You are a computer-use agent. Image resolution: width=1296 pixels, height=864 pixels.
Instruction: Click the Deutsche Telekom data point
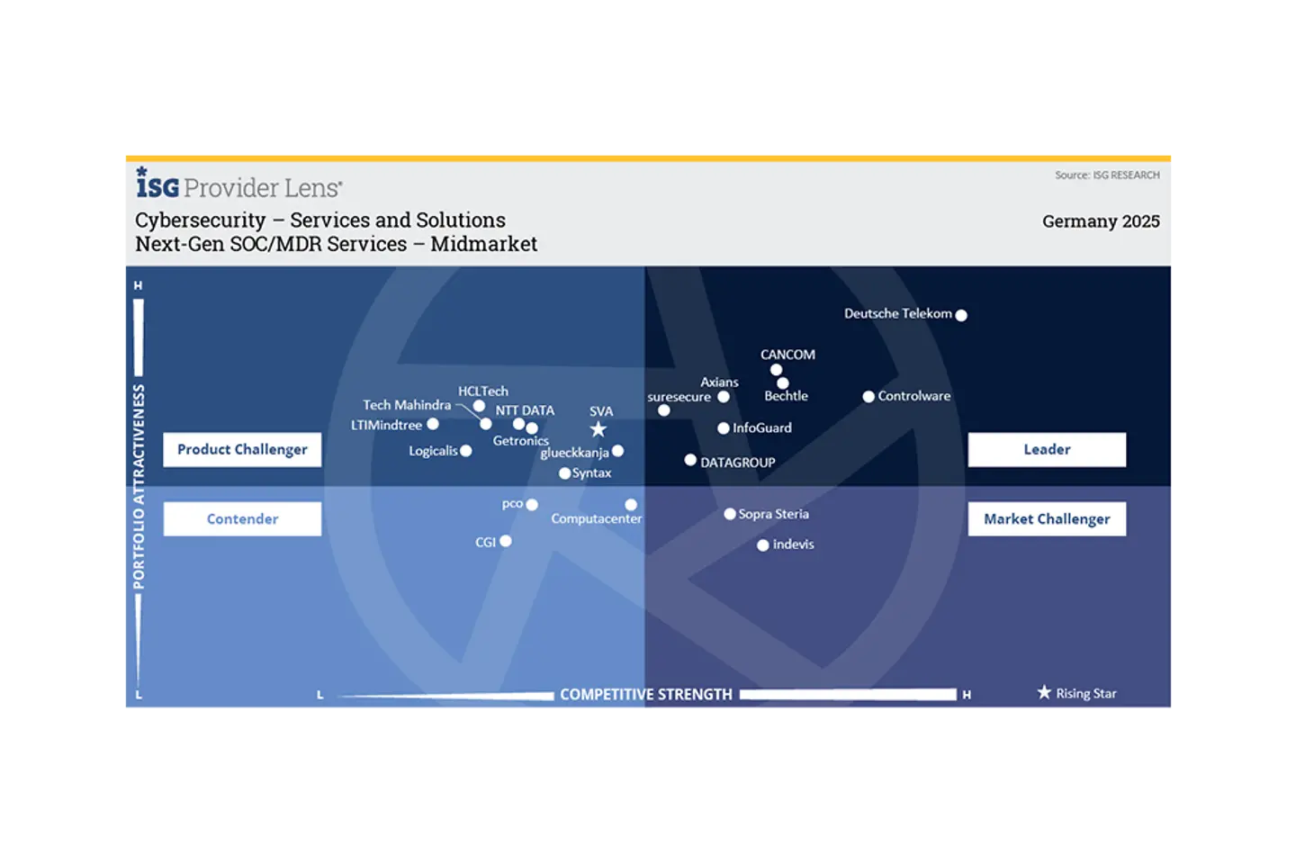click(961, 315)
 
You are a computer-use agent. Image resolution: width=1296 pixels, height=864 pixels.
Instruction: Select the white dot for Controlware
click(868, 396)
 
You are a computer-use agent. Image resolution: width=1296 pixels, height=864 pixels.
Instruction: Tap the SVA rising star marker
click(598, 429)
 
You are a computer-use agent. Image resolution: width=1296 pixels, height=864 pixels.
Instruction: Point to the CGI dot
click(506, 541)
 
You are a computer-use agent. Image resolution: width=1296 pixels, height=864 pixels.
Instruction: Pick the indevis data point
click(763, 545)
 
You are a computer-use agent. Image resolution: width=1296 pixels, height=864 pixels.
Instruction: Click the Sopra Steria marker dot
click(730, 514)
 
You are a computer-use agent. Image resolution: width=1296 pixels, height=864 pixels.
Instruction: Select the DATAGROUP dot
click(690, 460)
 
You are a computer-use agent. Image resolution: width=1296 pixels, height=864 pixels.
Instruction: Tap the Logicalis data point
click(466, 451)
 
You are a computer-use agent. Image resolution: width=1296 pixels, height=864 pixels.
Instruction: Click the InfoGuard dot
click(724, 428)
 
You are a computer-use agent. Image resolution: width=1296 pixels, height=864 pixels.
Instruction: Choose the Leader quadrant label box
click(1047, 449)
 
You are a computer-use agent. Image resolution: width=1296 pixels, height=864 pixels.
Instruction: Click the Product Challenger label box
click(242, 449)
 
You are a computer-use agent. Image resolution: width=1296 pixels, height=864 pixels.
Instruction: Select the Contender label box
click(242, 518)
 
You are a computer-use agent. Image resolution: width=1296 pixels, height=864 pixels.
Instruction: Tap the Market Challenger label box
click(1047, 518)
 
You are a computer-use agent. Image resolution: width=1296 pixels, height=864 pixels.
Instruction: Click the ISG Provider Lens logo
click(238, 184)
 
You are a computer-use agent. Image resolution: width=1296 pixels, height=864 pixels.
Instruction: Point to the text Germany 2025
click(1101, 221)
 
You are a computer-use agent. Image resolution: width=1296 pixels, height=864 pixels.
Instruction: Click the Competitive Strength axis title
click(646, 695)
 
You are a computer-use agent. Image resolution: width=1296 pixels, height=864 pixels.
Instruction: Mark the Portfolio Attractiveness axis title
click(139, 486)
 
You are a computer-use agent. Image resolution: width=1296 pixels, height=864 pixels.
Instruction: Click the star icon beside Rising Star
click(1044, 692)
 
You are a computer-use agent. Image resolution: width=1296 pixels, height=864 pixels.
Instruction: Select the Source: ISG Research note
click(1107, 175)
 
